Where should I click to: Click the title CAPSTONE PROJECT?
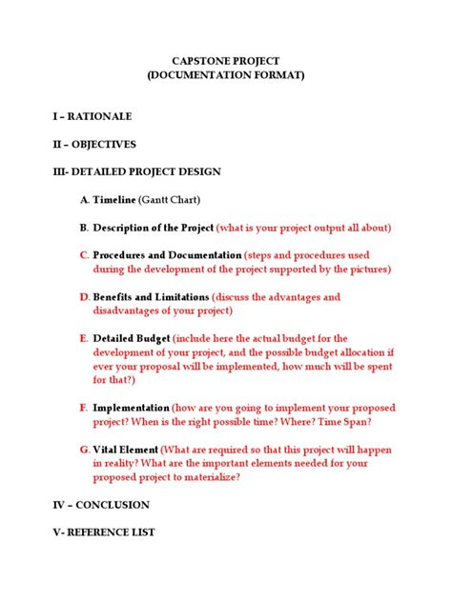point(226,60)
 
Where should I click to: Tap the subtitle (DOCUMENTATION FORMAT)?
point(226,74)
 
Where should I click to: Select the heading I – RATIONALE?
point(92,116)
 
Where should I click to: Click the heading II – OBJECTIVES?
point(94,144)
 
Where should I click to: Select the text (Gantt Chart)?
point(169,200)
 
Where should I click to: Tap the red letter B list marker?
point(84,228)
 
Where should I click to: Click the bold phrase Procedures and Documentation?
point(167,255)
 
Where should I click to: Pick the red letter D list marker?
point(84,297)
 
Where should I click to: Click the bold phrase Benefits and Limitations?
point(151,297)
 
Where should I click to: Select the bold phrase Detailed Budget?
point(132,338)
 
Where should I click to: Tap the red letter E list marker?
point(84,338)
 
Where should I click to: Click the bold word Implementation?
point(131,407)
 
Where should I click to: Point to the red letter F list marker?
point(84,407)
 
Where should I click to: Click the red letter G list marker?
point(84,449)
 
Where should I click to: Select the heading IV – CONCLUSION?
point(102,504)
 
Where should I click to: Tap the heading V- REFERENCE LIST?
point(104,532)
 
